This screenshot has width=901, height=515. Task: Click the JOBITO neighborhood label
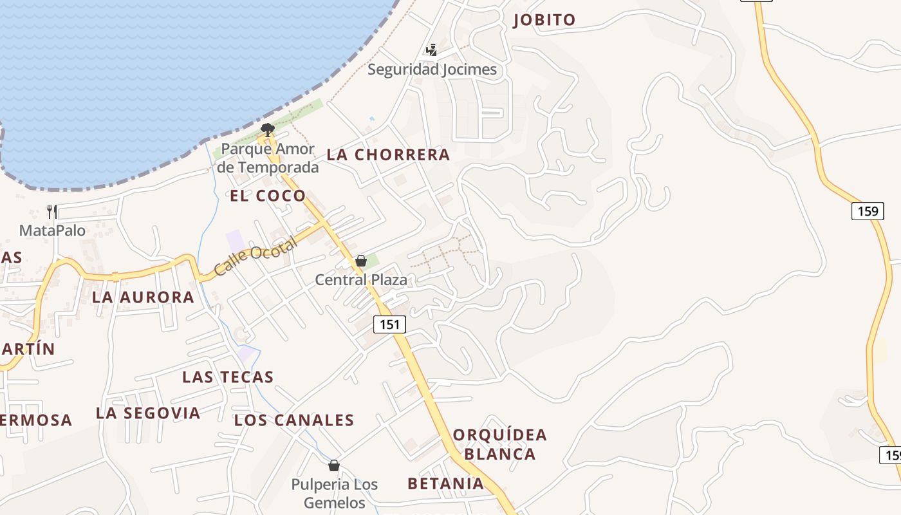[544, 20]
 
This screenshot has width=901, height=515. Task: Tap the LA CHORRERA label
[388, 155]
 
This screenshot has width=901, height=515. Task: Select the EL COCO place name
[268, 196]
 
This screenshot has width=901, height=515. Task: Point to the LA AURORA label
[143, 297]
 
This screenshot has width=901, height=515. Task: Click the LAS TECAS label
[228, 377]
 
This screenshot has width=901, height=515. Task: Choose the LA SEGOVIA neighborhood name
[148, 413]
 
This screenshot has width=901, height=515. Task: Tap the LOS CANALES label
[294, 421]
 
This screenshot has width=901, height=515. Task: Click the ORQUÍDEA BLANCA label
[500, 444]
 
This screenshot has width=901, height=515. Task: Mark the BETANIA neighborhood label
[445, 483]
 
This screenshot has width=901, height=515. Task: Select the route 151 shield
[389, 324]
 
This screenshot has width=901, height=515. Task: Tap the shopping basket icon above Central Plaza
[361, 261]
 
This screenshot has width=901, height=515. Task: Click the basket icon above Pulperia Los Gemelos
[333, 465]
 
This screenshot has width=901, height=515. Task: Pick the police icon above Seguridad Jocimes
[432, 50]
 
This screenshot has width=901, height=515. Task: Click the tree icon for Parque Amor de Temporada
[268, 129]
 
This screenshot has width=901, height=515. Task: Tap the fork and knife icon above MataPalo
[52, 211]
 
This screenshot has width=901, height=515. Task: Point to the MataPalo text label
[52, 230]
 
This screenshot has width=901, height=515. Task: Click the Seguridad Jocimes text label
[432, 70]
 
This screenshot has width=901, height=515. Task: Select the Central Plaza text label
[361, 280]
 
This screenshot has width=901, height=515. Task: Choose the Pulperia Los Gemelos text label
[334, 493]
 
